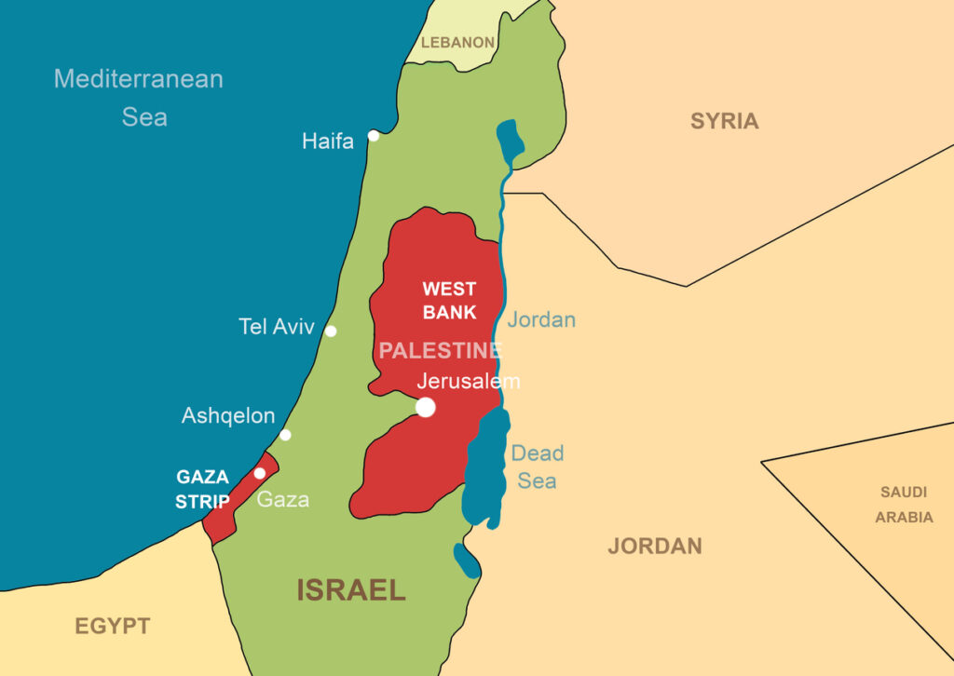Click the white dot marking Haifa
tap(374, 136)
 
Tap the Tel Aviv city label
tap(277, 328)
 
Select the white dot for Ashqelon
tap(285, 435)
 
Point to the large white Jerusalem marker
tap(426, 407)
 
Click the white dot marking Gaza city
tap(260, 473)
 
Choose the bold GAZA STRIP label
tap(203, 490)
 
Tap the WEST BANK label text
tap(449, 301)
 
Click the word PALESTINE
tap(440, 351)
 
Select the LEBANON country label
tap(457, 43)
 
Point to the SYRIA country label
tap(724, 121)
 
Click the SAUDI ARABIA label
tap(903, 505)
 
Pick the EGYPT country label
tap(112, 627)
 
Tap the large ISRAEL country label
tap(351, 590)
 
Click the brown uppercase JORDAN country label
tap(655, 547)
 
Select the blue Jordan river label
tap(541, 320)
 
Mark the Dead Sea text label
tap(538, 467)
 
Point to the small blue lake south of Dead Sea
tap(467, 559)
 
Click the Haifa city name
tap(328, 142)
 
